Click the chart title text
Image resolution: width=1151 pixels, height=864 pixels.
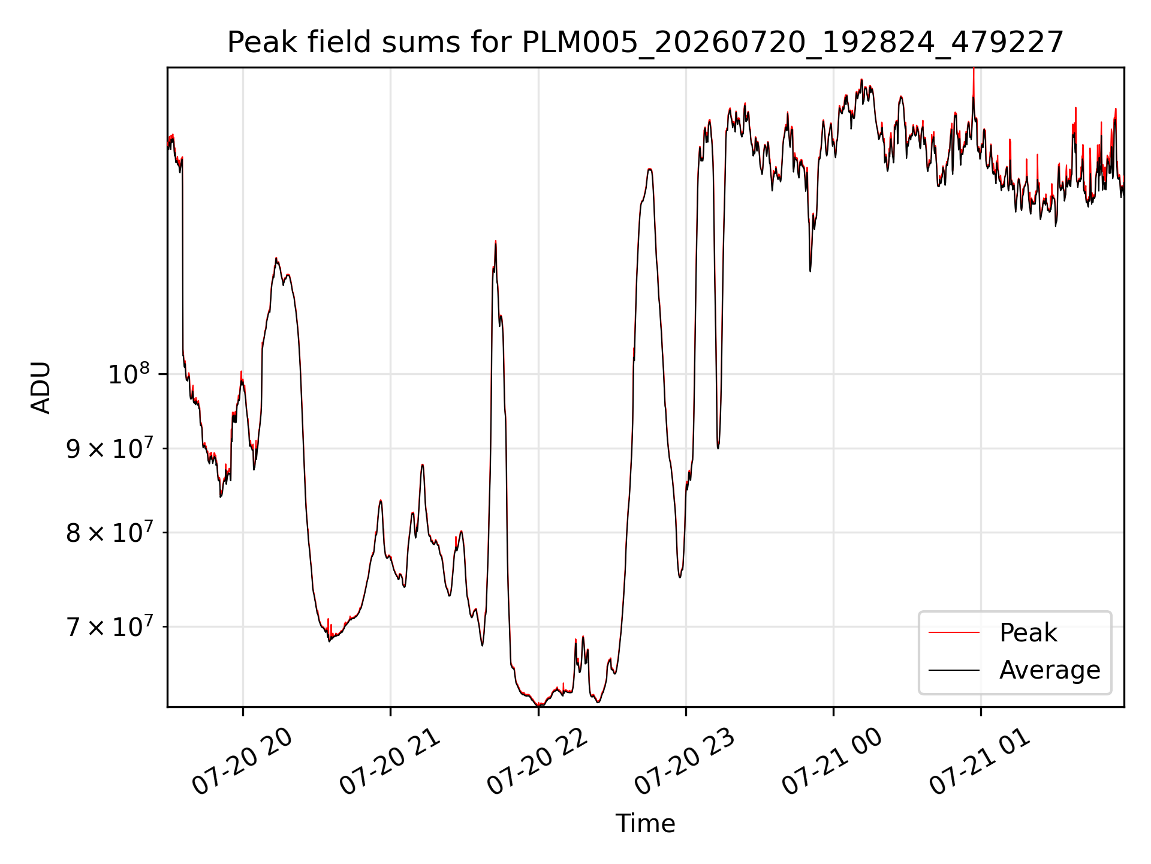646,43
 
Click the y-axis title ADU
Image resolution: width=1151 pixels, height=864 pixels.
41,387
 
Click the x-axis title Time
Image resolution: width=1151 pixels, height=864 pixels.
645,824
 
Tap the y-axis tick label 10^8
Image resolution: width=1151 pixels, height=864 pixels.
128,374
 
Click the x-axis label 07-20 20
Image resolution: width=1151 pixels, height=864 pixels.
242,761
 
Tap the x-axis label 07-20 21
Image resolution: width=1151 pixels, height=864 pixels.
390,761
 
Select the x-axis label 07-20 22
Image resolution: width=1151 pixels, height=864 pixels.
537,761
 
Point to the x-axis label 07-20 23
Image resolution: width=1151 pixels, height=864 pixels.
685,761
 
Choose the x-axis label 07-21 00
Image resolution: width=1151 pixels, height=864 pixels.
832,761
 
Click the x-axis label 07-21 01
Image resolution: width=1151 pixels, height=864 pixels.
980,761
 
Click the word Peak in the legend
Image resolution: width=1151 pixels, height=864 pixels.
1028,633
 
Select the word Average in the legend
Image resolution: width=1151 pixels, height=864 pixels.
1050,670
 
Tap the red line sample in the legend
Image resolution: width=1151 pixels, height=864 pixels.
954,633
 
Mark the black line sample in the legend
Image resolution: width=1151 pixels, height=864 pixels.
954,670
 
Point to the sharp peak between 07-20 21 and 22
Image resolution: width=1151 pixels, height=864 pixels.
495,242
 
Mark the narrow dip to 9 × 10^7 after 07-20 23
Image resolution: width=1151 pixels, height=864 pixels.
718,447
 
